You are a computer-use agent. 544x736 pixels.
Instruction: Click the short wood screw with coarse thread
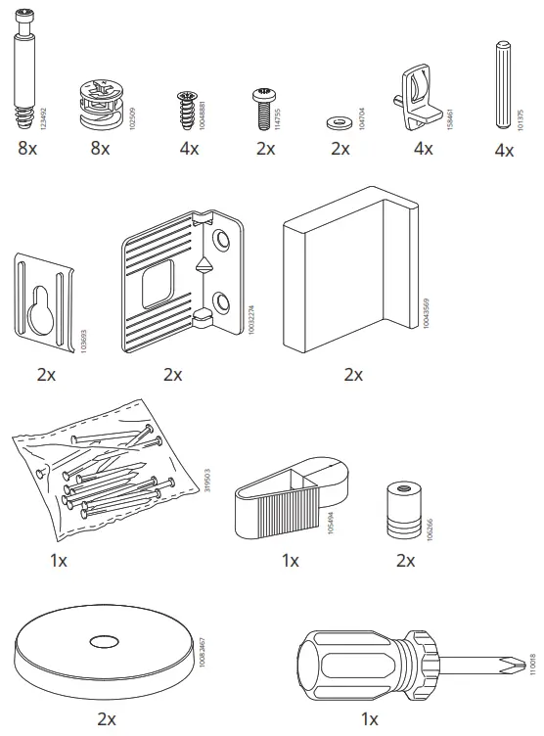click(186, 110)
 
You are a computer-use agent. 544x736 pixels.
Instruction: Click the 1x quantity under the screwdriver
click(370, 719)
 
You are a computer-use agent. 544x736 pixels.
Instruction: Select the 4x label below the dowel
click(504, 151)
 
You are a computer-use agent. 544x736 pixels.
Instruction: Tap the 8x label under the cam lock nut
click(100, 149)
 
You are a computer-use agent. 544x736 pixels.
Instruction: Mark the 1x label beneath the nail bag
click(58, 561)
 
